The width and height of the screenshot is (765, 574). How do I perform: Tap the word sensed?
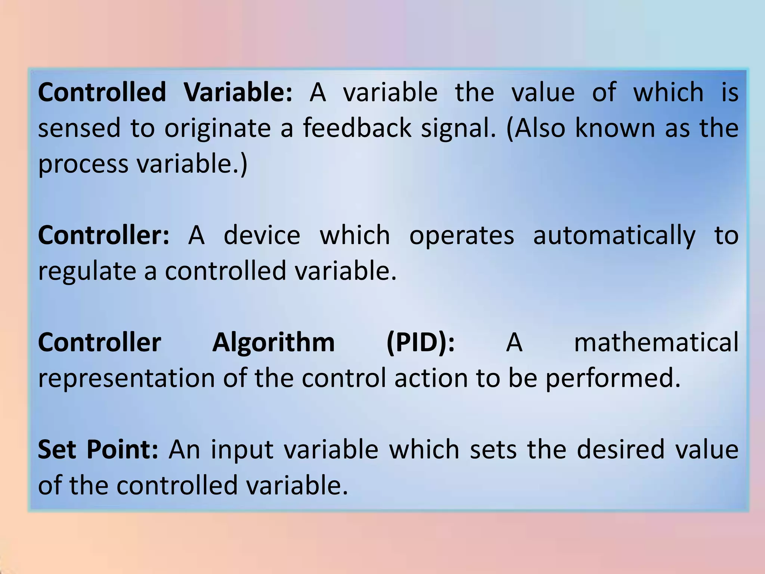point(79,128)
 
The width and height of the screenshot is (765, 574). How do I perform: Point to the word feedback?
point(357,128)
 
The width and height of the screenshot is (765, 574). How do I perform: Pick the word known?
point(615,128)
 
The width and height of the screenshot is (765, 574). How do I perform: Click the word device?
point(262,235)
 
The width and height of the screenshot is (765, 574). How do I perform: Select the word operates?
point(462,236)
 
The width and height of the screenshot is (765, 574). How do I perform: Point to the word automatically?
point(614,236)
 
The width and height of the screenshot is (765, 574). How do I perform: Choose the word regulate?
point(87,271)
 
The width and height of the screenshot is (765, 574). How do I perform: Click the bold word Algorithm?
point(273,342)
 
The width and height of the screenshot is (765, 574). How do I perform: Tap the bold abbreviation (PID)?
point(421,342)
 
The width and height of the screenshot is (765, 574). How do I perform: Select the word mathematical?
point(656,342)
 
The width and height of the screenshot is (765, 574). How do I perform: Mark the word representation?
point(126,378)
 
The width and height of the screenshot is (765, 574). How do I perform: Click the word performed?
point(613,378)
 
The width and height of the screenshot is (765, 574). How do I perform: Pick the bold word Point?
point(123,449)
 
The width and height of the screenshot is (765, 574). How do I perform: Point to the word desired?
point(620,449)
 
